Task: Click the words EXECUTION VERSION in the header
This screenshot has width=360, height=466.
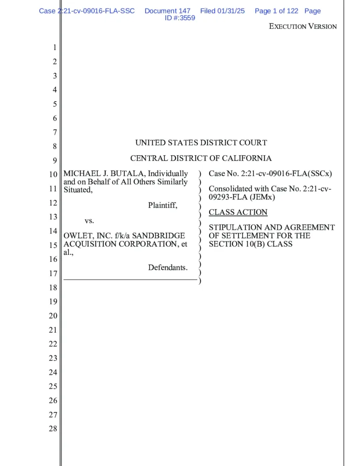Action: (x=303, y=27)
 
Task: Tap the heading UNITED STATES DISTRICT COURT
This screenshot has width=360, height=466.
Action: (x=201, y=143)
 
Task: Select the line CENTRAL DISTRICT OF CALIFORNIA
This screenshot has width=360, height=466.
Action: (x=201, y=158)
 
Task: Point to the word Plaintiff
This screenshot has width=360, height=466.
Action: (x=163, y=205)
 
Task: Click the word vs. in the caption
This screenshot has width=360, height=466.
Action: (x=89, y=220)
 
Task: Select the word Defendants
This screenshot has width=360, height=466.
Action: (x=168, y=267)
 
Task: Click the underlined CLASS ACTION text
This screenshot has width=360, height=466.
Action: (x=238, y=212)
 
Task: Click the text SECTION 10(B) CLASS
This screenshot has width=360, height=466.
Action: (x=251, y=244)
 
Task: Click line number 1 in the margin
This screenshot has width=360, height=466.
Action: (x=54, y=48)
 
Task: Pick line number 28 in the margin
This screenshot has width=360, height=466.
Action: (x=53, y=429)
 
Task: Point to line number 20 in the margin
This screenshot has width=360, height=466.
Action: (x=53, y=316)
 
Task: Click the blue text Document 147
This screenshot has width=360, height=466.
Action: (x=167, y=11)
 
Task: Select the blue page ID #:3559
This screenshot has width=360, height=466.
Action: (x=180, y=18)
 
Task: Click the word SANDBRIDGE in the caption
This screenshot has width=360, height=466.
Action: (x=159, y=236)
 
